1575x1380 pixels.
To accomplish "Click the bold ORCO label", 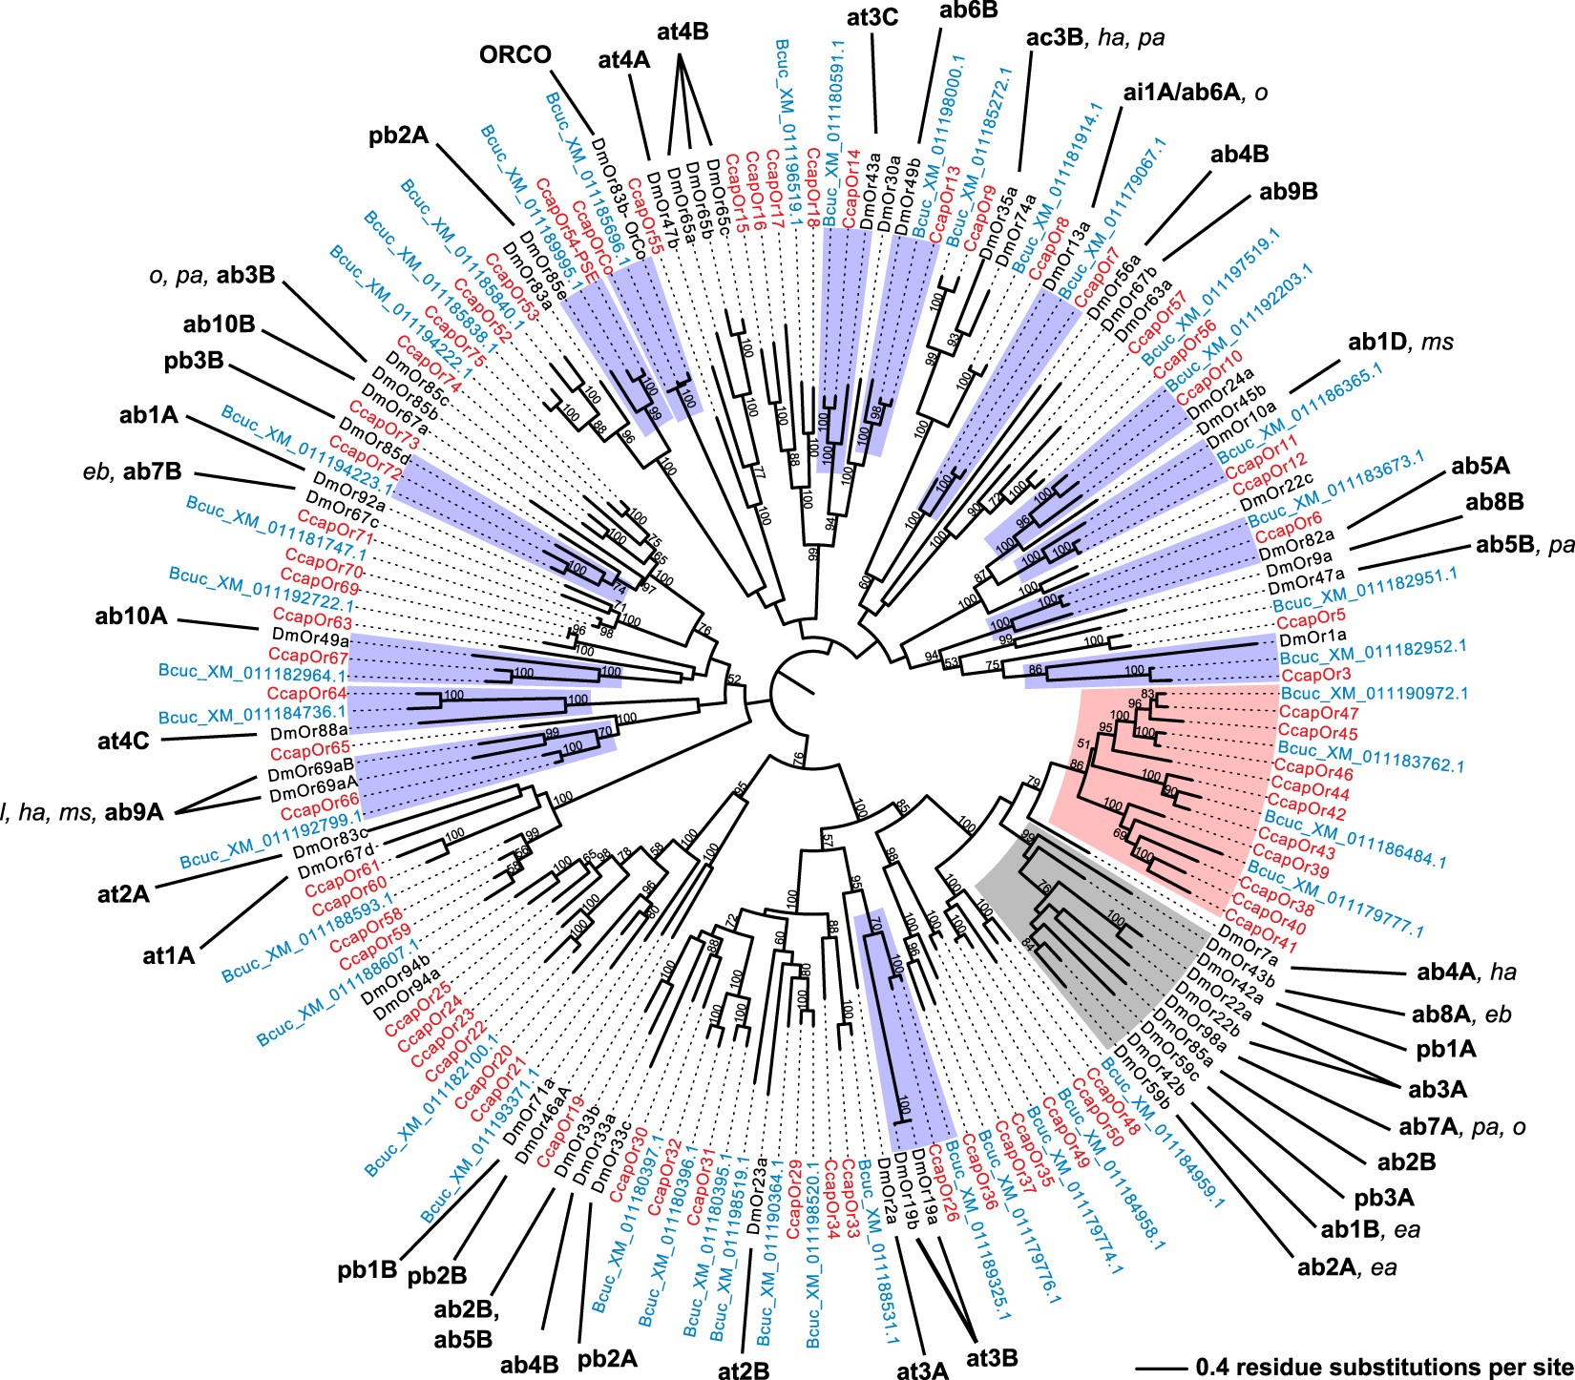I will coord(516,54).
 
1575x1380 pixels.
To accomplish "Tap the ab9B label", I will coord(1288,192).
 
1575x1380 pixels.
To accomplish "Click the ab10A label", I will coord(132,616).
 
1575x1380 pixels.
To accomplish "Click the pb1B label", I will coord(367,1271).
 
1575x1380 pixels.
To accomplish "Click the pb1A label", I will coord(1447,1049).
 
